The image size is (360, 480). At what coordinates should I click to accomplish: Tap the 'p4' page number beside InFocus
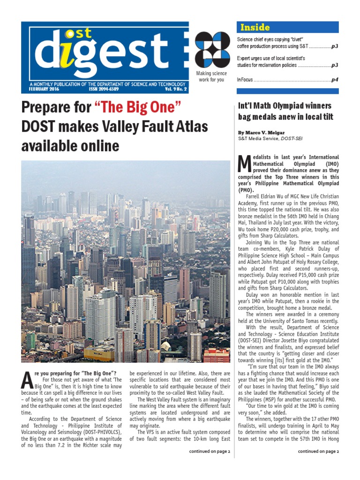pos(335,80)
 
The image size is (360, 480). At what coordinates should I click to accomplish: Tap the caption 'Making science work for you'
pos(212,77)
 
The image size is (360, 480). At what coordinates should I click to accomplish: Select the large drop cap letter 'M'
pos(244,164)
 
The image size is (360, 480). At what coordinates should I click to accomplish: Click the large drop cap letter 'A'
pos(27,379)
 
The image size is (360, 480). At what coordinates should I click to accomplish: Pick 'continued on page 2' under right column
pos(318,451)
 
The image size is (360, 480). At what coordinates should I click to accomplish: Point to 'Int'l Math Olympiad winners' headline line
pos(285,105)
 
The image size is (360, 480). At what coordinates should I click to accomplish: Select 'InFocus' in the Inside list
pos(245,80)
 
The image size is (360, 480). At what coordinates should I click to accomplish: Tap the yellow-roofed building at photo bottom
pos(99,352)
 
